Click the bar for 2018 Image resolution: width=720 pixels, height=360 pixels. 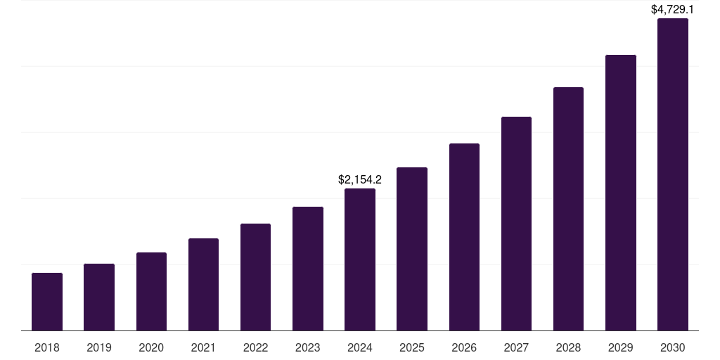47,302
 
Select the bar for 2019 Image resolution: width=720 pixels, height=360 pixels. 99,297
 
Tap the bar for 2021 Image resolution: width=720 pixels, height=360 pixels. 203,285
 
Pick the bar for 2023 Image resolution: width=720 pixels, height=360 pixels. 308,269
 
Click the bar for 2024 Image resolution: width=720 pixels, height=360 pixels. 360,259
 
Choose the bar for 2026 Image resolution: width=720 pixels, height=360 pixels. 464,237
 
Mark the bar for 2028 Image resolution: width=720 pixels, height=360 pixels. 568,209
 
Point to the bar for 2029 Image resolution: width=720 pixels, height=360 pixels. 621,193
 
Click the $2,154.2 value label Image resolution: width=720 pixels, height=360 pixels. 360,180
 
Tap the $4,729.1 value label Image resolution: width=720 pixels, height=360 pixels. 673,10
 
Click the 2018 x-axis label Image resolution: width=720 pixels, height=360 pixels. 47,347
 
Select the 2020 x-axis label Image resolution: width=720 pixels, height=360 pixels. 151,347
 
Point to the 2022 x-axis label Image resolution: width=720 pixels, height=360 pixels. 255,347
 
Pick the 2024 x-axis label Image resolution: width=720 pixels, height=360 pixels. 360,347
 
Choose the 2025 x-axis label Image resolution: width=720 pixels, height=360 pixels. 412,347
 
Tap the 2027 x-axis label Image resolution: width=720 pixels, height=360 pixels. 516,347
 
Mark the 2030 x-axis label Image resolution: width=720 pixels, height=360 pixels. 673,347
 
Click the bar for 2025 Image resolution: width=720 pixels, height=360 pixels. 412,249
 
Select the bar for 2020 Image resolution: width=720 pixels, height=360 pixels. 151,292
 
